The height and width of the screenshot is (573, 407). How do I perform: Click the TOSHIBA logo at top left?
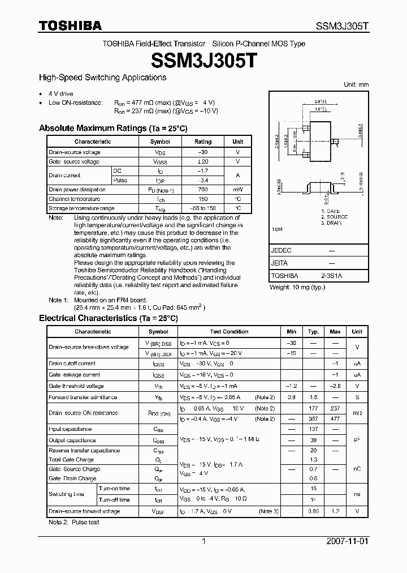[70, 25]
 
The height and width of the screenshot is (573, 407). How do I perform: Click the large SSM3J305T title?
[203, 61]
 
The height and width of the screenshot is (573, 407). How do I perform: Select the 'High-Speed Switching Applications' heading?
[102, 78]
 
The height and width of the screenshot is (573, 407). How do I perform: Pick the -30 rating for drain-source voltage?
[203, 152]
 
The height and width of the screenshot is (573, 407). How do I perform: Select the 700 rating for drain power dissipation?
[203, 190]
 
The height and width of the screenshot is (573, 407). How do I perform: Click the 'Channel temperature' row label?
[75, 199]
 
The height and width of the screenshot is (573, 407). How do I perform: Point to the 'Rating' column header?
[203, 142]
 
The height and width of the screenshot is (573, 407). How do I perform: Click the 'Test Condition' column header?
[229, 332]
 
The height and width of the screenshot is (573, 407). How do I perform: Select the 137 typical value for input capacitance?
[313, 429]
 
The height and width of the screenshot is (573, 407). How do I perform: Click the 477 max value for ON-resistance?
[335, 419]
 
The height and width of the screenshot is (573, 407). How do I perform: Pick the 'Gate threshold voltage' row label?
[76, 386]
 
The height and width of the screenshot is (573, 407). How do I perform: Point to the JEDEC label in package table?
[282, 250]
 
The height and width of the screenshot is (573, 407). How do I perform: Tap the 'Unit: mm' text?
[356, 84]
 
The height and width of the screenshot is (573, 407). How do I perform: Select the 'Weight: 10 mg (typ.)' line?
[297, 288]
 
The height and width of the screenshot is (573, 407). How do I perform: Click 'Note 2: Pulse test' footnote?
[74, 522]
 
